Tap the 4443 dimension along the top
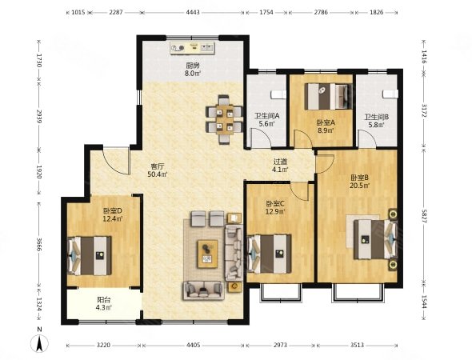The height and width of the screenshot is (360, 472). pos(194,12)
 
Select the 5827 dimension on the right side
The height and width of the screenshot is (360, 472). pos(424,217)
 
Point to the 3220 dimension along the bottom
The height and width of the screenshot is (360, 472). pos(103,345)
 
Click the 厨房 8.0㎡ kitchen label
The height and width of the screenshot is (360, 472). pos(193,69)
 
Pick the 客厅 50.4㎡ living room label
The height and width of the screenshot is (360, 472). pos(158,170)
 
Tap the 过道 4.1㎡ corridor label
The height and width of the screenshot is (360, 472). pos(280,166)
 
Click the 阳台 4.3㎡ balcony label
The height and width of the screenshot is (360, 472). pos(104,303)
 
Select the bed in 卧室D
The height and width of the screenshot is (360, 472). pos(90,255)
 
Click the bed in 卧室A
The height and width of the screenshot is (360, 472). pos(328,96)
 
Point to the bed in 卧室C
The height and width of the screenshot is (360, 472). pos(269,254)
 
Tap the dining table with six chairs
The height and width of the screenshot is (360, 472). pos(223,119)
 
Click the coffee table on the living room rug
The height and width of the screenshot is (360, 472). pos(208,254)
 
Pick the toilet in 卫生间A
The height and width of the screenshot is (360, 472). pos(278,94)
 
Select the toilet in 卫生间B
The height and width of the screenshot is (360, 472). pos(390,94)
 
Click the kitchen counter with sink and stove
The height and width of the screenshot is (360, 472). pos(192,48)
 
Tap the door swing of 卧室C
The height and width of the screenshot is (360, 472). pos(300,192)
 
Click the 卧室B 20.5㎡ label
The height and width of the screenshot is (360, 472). pos(359,182)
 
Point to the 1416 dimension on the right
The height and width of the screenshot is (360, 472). pos(424,57)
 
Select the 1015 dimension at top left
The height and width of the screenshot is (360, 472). pos(78,12)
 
